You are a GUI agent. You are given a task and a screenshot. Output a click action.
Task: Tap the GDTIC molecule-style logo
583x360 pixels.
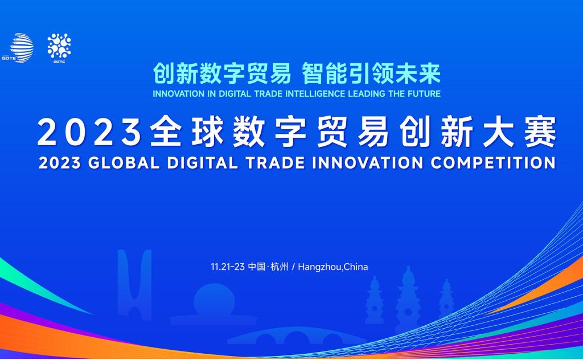click(x=59, y=48)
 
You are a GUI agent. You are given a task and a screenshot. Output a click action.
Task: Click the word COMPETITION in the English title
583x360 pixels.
click(x=493, y=163)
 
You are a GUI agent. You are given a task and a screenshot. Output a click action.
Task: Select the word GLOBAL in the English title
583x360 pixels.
click(x=124, y=163)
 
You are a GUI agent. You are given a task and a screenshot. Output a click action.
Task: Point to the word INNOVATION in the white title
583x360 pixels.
click(x=368, y=163)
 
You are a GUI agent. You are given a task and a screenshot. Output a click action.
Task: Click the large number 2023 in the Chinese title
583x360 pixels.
click(x=89, y=132)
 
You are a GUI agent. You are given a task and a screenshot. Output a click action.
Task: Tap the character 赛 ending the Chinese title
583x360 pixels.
click(x=541, y=132)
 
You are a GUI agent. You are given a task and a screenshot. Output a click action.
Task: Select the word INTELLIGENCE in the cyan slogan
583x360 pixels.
click(x=315, y=94)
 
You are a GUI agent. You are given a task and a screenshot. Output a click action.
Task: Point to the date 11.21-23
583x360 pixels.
click(x=228, y=267)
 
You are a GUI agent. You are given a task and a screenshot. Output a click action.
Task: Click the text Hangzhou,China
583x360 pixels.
click(x=332, y=267)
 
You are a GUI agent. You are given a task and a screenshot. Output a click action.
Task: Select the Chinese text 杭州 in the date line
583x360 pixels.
click(x=280, y=267)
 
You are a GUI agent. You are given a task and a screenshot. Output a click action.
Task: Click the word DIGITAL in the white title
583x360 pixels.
click(x=203, y=163)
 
